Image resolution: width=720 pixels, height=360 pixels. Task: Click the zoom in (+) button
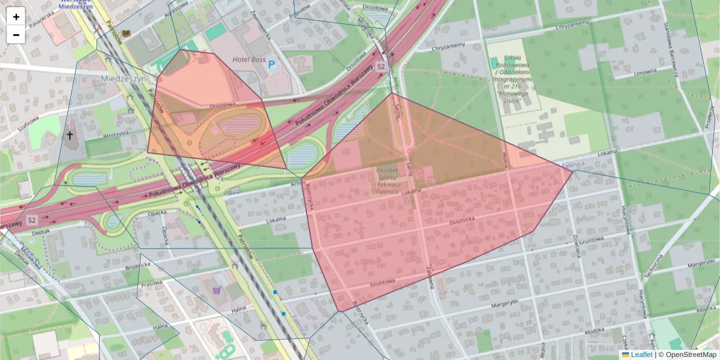click(x=16, y=17)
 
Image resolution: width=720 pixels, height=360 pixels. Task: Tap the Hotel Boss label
click(x=249, y=59)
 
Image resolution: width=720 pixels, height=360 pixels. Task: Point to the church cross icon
click(x=70, y=136)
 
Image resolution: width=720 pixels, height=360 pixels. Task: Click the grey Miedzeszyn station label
click(x=124, y=79)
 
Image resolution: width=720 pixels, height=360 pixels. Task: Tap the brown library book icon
click(x=125, y=33)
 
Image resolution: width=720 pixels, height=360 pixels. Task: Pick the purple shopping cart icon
click(x=216, y=290)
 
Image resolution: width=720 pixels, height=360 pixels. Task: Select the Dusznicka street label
click(x=461, y=221)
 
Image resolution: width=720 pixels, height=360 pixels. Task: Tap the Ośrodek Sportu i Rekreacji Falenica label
click(x=388, y=181)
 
